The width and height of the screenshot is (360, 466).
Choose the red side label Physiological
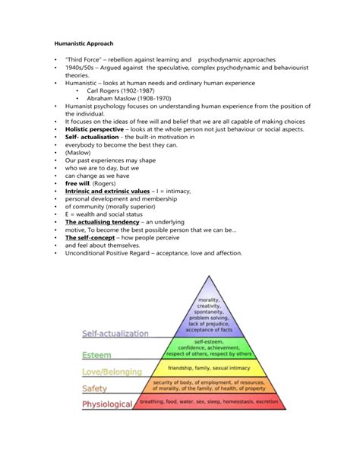107,404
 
